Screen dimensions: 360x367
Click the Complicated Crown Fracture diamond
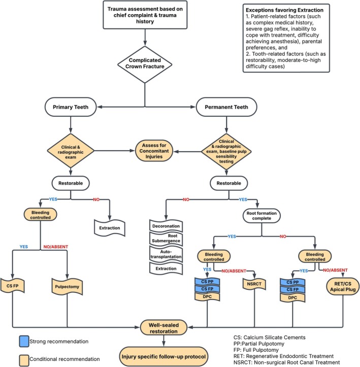coord(145,64)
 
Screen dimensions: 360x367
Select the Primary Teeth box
coord(71,107)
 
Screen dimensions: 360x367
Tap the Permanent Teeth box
coord(226,107)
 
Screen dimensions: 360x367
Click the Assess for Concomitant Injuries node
coord(154,151)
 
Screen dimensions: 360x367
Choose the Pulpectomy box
coord(67,286)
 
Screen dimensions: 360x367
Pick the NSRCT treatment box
coord(254,284)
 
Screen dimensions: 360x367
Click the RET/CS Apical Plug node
coord(343,286)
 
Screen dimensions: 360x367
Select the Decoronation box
coord(166,226)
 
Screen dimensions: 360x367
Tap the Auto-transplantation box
coord(166,254)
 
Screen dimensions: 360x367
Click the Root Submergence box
coord(166,238)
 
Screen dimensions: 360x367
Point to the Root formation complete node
coord(261,216)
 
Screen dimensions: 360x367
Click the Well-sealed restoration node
coord(163,328)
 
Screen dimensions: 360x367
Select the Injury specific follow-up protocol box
coord(163,357)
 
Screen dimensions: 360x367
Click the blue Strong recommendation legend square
coord(24,341)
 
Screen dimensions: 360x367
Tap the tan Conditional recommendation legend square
coord(24,360)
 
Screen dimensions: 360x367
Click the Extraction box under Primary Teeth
coord(110,228)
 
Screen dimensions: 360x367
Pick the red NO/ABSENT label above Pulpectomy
coord(56,247)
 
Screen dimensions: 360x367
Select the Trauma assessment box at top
coord(145,15)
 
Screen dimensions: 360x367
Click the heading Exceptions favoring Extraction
coord(284,10)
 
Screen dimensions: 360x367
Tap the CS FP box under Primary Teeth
coord(12,286)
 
